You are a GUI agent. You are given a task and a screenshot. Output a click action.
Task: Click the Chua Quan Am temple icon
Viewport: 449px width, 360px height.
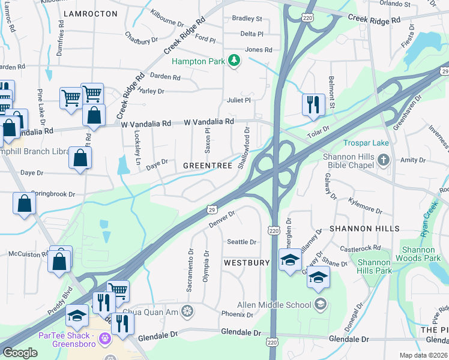coord(187,310)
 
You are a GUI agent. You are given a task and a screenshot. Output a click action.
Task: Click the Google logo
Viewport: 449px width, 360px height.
coord(20,353)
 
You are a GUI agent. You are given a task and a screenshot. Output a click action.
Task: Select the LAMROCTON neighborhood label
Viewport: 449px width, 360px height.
coord(90,13)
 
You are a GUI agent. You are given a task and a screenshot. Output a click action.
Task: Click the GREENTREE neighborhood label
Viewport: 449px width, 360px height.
coord(207,165)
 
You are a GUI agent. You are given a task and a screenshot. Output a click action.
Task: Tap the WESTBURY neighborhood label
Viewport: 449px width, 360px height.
coord(246,263)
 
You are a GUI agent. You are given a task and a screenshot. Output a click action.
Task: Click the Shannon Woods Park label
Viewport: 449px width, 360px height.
coord(422,253)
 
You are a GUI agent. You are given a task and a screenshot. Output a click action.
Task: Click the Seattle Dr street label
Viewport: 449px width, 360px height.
coord(241,242)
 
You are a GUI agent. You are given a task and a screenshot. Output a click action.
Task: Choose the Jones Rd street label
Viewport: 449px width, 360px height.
coord(259,50)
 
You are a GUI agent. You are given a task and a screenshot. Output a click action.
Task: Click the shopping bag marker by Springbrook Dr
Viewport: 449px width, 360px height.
coord(24,203)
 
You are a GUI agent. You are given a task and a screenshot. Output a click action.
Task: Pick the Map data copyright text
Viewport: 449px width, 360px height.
coord(424,355)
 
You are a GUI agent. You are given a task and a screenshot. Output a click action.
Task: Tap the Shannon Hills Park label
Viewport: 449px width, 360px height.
coord(375,266)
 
